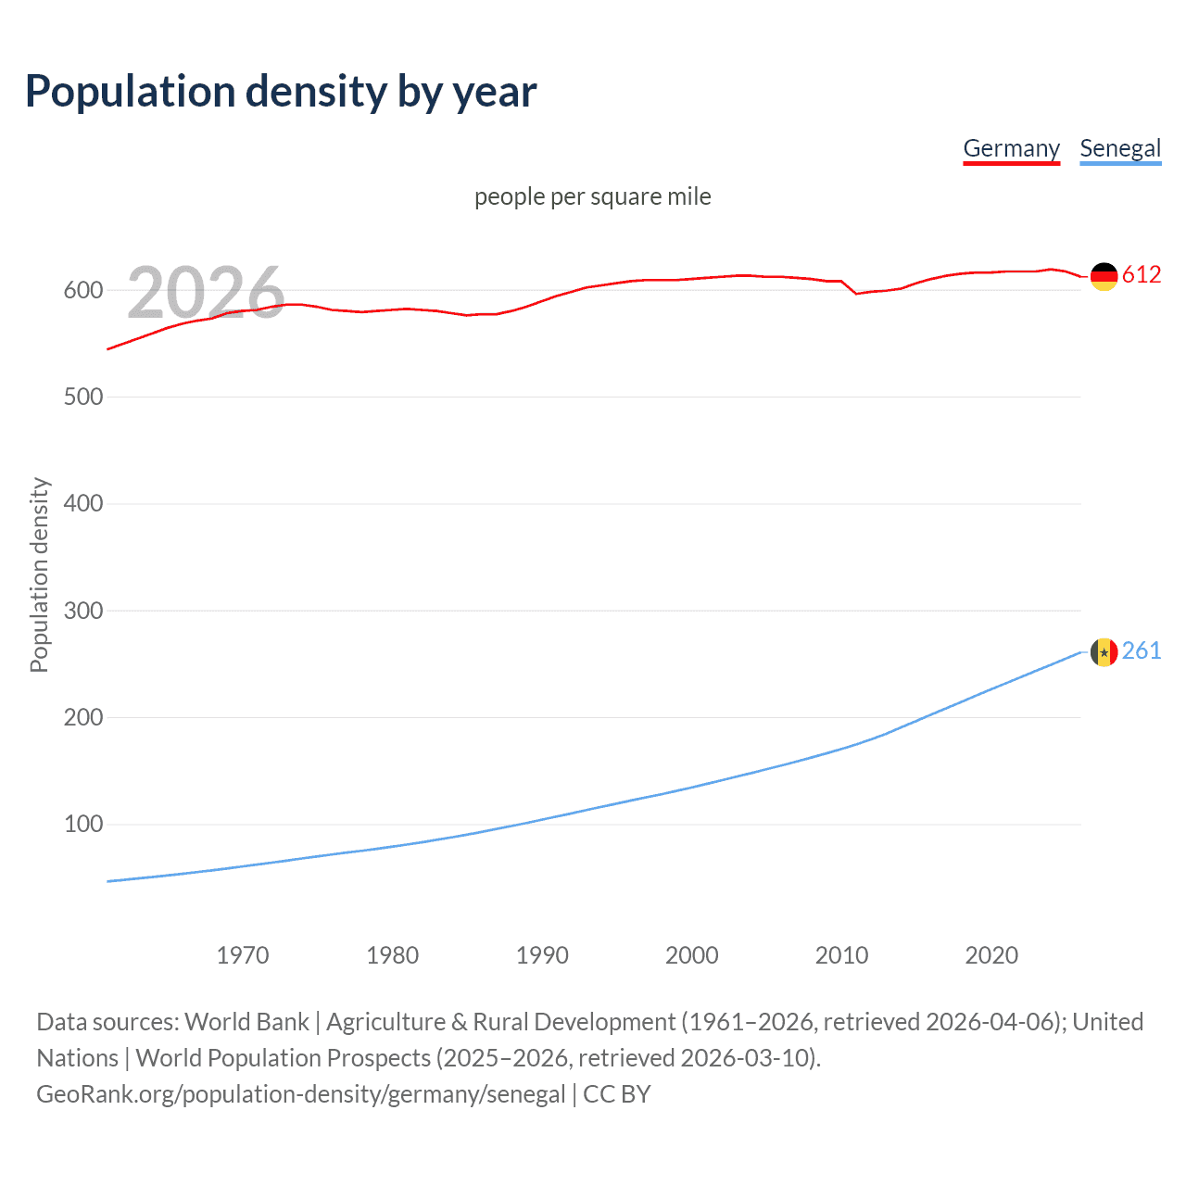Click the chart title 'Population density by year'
coord(281,92)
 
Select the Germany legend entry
coord(1011,148)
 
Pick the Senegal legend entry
coord(1119,148)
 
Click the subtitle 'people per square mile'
coord(592,196)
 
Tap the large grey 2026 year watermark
coord(206,293)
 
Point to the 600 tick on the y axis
coord(83,290)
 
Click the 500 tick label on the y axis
coord(83,397)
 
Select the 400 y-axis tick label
coord(83,504)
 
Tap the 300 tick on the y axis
coord(83,611)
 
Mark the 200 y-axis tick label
coord(83,717)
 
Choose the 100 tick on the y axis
coord(83,824)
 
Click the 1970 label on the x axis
coord(243,955)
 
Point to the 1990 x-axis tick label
coord(542,955)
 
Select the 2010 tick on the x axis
coord(841,955)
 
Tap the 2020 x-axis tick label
coord(991,955)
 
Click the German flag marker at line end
coord(1104,276)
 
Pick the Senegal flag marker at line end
coord(1104,652)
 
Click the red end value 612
coord(1142,275)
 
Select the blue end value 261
coord(1142,651)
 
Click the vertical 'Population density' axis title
coord(39,574)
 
